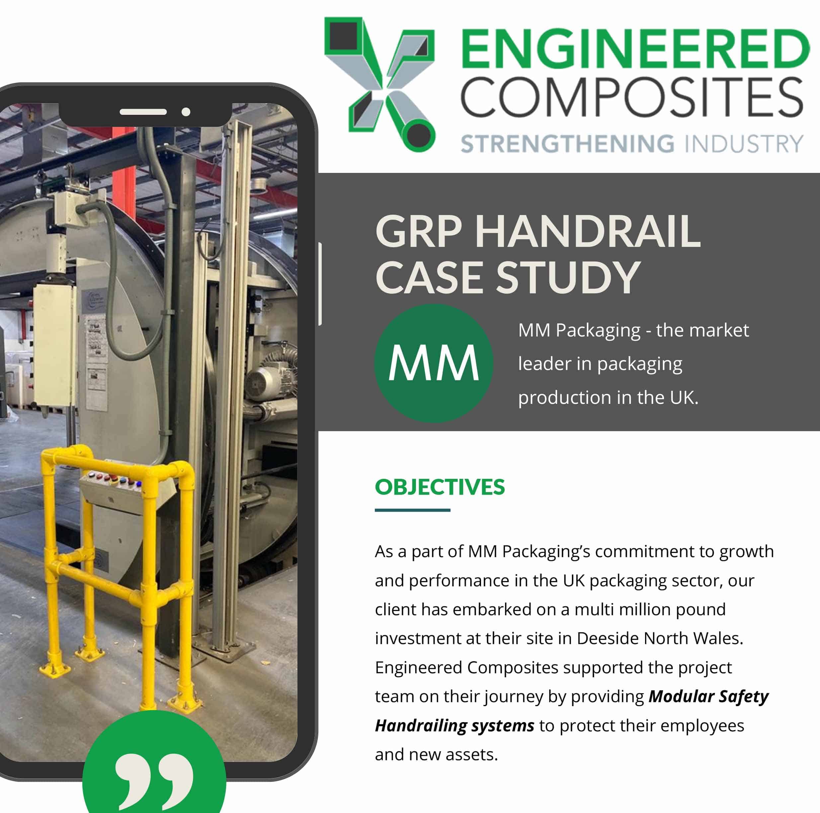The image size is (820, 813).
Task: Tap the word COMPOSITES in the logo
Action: tap(632, 97)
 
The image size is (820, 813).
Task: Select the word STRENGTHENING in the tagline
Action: tap(567, 144)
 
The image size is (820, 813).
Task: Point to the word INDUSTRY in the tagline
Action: tap(744, 144)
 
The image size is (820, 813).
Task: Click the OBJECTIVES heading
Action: tap(440, 487)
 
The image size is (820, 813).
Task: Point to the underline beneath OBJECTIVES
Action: tap(412, 510)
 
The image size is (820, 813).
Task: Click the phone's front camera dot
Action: tap(186, 112)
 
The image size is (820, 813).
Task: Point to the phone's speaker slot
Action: tap(143, 112)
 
